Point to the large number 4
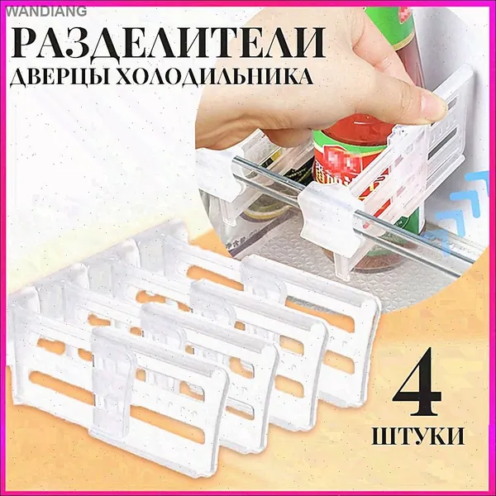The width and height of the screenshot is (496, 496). coord(417,379)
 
